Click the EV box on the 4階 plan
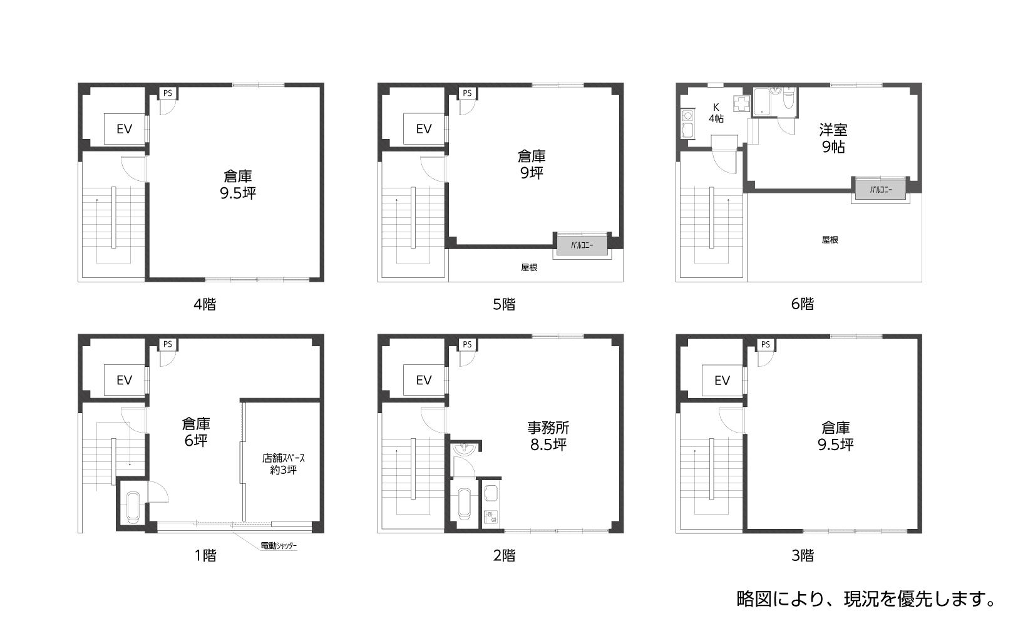[124, 129]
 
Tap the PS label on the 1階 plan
[167, 344]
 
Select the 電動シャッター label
[279, 546]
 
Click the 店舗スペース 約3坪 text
[283, 464]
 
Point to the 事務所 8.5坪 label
[548, 436]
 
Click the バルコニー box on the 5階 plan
[582, 245]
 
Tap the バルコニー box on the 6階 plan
[880, 190]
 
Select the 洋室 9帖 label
[833, 138]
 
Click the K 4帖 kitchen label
[716, 113]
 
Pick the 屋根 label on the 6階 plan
[830, 240]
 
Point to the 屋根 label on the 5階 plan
[529, 267]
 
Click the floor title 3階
[802, 555]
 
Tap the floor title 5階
[504, 305]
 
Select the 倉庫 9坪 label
[532, 165]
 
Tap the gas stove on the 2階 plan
[490, 516]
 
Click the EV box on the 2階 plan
[424, 380]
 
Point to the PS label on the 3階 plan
[765, 345]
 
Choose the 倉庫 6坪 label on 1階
[196, 432]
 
